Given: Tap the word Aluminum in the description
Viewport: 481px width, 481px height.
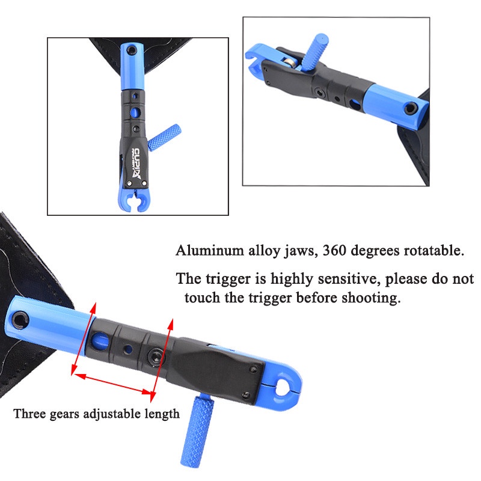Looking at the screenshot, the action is click(x=210, y=250).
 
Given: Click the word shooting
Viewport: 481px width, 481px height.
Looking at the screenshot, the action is click(x=371, y=298).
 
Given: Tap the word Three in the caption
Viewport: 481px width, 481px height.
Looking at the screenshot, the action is click(x=29, y=414).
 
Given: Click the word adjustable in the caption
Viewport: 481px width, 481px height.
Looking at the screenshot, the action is click(x=112, y=414).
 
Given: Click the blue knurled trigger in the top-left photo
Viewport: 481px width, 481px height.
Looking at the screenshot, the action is click(x=165, y=137).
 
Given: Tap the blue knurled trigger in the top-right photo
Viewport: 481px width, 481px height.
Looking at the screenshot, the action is click(x=315, y=51).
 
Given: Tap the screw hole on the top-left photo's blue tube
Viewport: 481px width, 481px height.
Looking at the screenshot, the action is click(x=132, y=49).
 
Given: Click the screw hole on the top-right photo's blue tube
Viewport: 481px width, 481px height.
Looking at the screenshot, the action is click(x=411, y=108).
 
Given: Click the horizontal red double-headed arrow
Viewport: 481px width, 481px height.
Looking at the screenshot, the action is click(x=115, y=384).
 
